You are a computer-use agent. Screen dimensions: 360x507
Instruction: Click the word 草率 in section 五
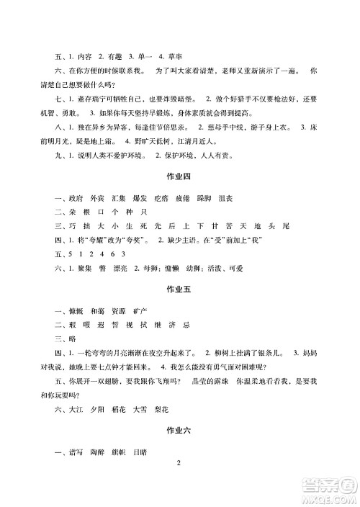point(177,55)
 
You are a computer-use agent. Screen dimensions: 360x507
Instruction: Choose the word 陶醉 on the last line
point(99,451)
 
